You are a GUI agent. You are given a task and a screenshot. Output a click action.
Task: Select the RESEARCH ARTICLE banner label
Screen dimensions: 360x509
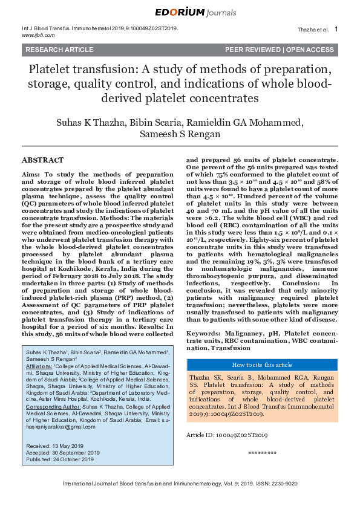[x=51, y=50]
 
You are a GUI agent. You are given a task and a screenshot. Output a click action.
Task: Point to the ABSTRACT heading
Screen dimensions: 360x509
[x=42, y=160]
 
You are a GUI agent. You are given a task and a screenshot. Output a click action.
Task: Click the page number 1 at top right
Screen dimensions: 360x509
[x=336, y=29]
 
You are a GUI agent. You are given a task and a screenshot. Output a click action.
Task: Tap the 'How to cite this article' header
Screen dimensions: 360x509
[x=262, y=365]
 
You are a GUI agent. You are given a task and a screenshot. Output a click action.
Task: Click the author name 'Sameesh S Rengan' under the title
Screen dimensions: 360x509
[x=180, y=134]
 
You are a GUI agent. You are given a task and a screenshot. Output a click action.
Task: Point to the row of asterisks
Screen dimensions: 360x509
[x=262, y=453]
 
